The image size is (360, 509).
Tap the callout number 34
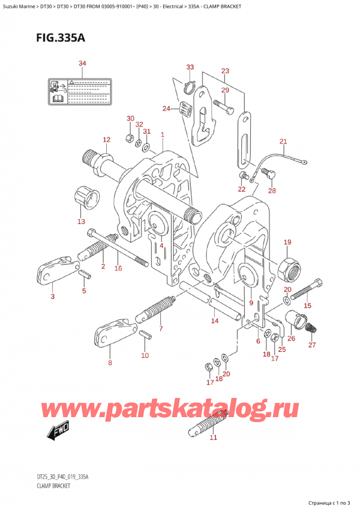click(x=82, y=64)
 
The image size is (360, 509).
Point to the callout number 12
click(x=106, y=140)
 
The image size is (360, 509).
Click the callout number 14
click(x=214, y=321)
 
